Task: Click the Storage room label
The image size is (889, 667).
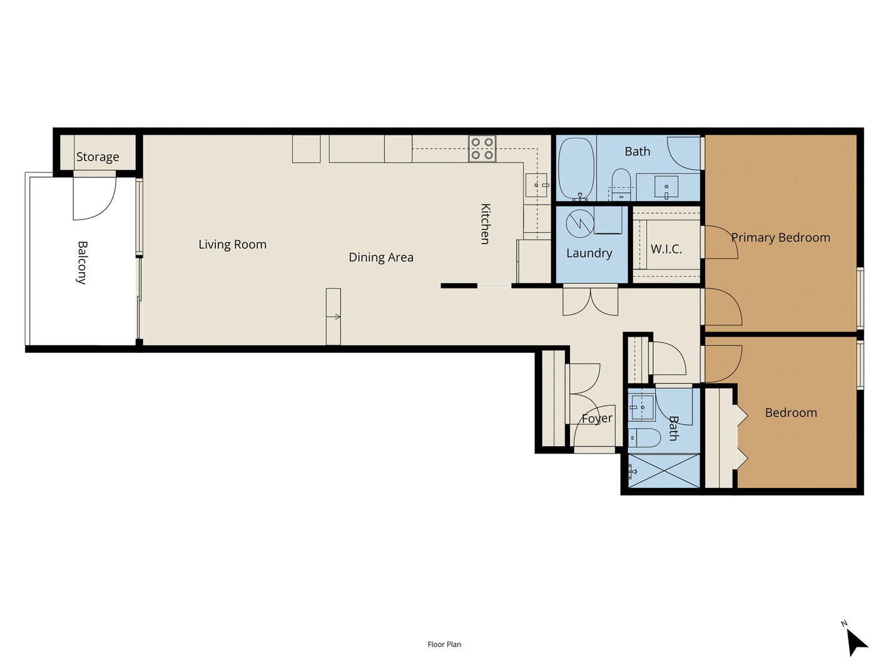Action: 98,156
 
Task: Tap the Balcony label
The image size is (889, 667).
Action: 82,263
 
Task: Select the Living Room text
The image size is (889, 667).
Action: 233,245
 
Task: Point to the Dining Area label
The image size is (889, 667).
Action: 381,258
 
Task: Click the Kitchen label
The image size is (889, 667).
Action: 485,224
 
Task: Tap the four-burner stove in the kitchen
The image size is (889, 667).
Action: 482,149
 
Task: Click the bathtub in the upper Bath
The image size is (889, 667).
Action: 576,168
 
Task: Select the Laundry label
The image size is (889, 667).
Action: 589,253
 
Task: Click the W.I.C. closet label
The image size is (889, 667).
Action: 666,249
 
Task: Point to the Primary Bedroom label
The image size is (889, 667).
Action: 781,237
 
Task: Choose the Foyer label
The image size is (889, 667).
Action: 597,419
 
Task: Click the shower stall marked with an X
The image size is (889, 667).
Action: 664,471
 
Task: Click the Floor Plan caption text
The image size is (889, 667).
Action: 444,644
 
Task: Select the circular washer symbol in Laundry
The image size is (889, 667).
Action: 580,223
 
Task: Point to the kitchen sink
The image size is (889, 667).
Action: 536,185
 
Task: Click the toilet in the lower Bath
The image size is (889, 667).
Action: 644,438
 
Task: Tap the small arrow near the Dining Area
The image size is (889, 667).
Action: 333,317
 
